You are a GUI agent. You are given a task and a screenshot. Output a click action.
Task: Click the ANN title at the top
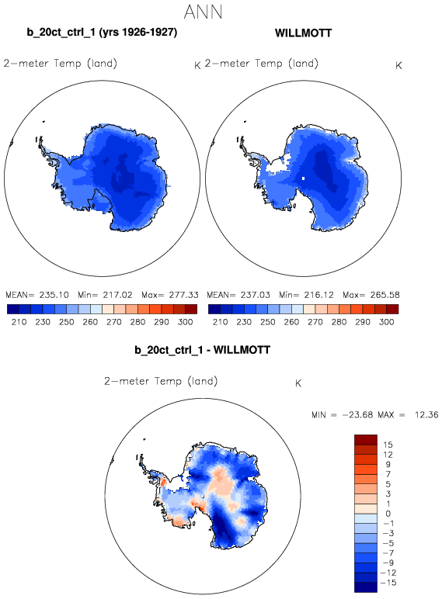click(203, 12)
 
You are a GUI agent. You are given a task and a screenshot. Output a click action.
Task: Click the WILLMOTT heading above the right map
click(303, 33)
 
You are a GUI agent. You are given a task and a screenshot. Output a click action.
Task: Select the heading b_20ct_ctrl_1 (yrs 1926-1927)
click(102, 32)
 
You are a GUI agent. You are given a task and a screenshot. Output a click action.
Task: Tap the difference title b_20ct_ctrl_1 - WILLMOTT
click(202, 350)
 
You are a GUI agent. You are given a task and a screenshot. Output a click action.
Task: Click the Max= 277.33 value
click(170, 295)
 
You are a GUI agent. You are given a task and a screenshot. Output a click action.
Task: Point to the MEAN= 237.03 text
click(238, 295)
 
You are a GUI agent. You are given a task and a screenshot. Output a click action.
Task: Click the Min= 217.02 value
click(105, 295)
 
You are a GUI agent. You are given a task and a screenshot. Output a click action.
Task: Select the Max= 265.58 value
click(371, 295)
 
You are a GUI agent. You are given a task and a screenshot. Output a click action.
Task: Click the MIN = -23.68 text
click(343, 415)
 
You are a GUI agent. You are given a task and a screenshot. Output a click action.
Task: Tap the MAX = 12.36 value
click(408, 415)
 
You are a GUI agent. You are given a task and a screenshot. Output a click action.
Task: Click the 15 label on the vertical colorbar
click(388, 445)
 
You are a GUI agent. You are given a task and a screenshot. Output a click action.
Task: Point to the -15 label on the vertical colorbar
click(388, 583)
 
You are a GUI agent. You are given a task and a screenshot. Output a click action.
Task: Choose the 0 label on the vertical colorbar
click(388, 514)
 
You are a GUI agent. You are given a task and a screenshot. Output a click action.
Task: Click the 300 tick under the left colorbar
click(185, 322)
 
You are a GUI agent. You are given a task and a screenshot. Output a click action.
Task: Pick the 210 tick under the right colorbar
click(221, 322)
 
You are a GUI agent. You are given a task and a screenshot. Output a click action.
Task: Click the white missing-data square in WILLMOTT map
click(303, 178)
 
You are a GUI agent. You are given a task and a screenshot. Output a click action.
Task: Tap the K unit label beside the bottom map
click(298, 383)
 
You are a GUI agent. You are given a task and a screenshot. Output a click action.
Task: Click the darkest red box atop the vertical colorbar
click(366, 440)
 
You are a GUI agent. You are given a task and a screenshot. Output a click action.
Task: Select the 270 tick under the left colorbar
click(114, 322)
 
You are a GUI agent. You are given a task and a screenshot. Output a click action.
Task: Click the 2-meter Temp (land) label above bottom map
click(161, 381)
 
